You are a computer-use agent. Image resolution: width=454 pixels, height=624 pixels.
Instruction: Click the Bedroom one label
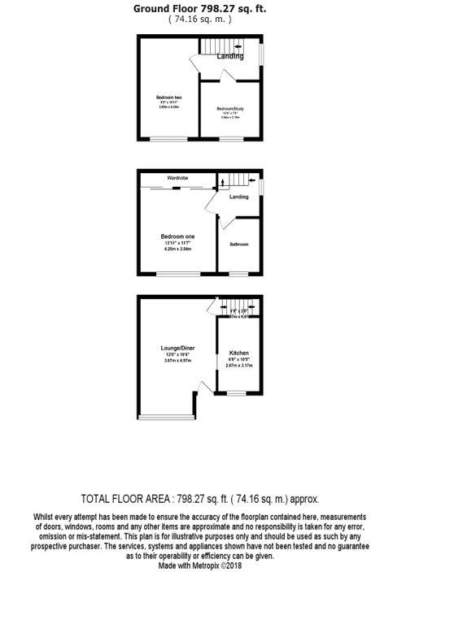click(x=177, y=236)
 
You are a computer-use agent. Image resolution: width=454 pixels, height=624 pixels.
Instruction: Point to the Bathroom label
click(x=238, y=245)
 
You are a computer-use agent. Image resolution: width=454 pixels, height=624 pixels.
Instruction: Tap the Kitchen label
click(x=238, y=353)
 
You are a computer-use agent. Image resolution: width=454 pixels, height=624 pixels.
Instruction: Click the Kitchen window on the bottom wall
click(x=237, y=394)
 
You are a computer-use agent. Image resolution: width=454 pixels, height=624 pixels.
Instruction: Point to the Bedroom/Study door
click(x=227, y=76)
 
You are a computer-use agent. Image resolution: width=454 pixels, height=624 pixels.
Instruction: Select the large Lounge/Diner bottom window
click(x=167, y=418)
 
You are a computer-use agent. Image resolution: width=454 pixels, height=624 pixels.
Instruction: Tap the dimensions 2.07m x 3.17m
click(x=239, y=366)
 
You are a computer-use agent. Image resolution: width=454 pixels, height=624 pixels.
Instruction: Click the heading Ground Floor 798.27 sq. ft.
click(x=199, y=9)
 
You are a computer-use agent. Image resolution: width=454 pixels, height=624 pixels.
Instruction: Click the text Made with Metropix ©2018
click(x=200, y=565)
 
